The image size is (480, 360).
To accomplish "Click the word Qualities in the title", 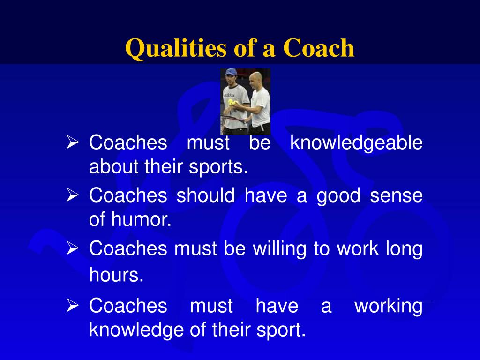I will point(174,49).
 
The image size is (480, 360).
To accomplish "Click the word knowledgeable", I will point(356,143).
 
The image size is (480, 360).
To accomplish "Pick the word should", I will point(206,195).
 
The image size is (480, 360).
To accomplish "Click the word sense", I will point(396,195).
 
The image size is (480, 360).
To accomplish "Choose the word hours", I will point(116,276).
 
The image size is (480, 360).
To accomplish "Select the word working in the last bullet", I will point(388,306).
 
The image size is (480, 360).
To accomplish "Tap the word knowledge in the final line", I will point(137,330).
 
